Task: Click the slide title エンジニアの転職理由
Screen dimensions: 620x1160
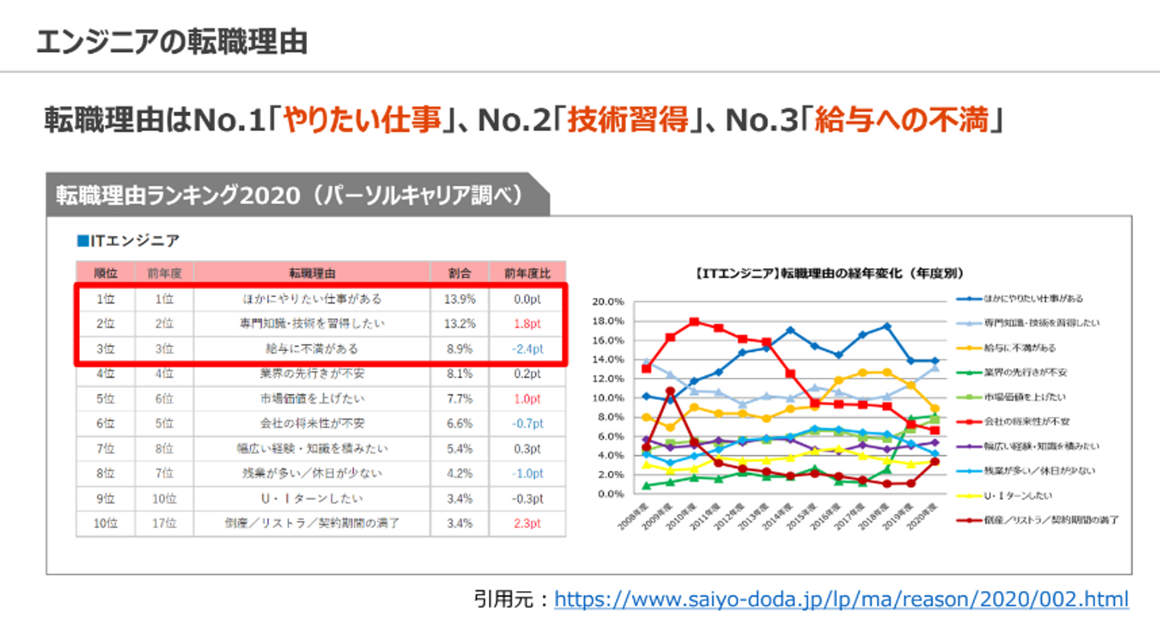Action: pos(172,42)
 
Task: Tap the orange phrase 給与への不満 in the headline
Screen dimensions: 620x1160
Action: pos(901,121)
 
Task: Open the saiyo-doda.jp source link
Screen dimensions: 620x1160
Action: pos(842,599)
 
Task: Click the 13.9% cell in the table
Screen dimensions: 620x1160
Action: pos(460,299)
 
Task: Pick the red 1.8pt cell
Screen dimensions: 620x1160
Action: pos(528,324)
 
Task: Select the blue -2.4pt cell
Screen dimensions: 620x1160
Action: pos(528,349)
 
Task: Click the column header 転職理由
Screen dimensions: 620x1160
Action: pos(312,273)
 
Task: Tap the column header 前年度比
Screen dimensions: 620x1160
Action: pos(528,273)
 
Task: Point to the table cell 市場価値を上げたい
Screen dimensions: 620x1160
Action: pos(312,399)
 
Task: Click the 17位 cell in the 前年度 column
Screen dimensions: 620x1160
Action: pos(164,523)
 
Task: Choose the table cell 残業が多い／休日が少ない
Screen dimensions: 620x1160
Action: pos(312,473)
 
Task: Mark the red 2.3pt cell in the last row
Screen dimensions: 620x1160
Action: pos(528,523)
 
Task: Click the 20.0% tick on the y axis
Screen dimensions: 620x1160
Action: pos(608,302)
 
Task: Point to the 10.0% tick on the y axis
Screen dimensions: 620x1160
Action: pos(608,398)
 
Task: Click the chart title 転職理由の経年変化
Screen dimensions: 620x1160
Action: pos(830,274)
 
